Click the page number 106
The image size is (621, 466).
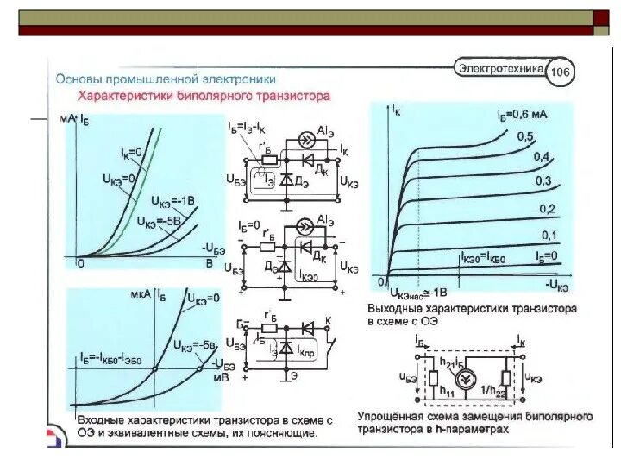click(561, 72)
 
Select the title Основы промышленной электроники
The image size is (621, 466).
click(165, 76)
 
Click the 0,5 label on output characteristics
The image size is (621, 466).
click(525, 136)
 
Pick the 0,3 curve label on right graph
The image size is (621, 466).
click(543, 180)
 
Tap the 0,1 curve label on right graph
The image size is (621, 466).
click(549, 236)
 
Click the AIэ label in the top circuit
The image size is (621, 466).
click(326, 129)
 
